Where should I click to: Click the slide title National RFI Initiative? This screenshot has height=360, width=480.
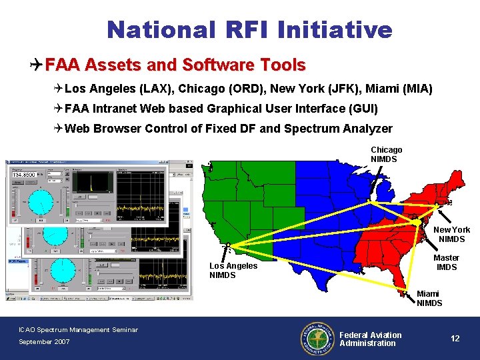click(x=249, y=29)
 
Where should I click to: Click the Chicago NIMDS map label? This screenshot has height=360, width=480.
click(x=386, y=155)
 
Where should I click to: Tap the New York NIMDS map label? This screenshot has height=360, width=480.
click(x=451, y=235)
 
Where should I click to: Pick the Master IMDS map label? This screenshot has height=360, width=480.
click(x=446, y=263)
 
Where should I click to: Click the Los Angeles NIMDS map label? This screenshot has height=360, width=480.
click(x=233, y=270)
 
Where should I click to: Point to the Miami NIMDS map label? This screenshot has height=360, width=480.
click(x=429, y=299)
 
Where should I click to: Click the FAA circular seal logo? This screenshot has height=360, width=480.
click(x=317, y=339)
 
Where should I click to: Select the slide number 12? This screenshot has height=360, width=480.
click(x=455, y=339)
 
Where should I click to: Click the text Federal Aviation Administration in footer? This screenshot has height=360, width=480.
click(x=371, y=339)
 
